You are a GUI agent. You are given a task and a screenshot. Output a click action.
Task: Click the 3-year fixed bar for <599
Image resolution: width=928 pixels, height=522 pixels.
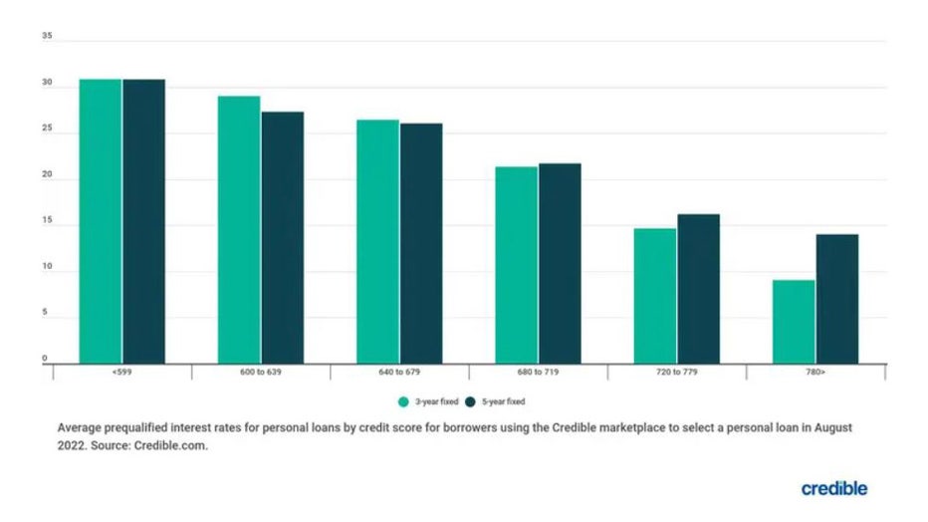[x=101, y=221]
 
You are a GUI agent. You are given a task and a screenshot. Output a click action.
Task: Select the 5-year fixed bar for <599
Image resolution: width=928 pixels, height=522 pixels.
[x=143, y=221]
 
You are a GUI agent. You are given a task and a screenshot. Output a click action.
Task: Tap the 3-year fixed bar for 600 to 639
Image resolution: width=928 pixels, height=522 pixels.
[x=239, y=230]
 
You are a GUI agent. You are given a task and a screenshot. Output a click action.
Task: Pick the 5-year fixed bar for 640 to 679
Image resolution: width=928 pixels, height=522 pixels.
[x=421, y=244]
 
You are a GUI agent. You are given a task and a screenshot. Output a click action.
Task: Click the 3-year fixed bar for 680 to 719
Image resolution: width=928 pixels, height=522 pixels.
[x=516, y=265]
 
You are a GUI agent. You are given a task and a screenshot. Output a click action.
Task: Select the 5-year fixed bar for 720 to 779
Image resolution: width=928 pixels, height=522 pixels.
[x=698, y=289]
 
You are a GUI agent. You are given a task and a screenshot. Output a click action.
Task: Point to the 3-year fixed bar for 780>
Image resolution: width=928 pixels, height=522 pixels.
[x=794, y=322]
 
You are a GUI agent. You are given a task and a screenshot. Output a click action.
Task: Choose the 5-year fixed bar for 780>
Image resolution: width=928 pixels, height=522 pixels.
[x=836, y=299]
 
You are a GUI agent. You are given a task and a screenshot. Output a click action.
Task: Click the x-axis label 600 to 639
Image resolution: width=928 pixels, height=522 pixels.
[x=261, y=373]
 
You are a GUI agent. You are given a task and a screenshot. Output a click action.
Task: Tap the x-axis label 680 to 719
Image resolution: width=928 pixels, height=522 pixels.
[x=538, y=373]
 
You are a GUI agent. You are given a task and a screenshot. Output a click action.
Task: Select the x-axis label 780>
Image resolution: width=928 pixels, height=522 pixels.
[x=815, y=373]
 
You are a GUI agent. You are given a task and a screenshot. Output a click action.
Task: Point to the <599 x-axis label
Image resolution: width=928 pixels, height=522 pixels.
[x=121, y=373]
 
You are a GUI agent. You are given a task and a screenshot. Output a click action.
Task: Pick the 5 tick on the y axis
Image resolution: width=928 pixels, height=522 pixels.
[x=45, y=314]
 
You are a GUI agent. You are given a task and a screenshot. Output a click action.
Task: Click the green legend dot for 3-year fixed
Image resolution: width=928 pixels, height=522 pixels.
[x=403, y=401]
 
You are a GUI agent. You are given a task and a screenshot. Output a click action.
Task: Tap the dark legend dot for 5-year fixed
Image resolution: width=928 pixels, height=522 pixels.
[x=470, y=401]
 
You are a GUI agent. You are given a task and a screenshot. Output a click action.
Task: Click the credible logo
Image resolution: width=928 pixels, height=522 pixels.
[x=833, y=488]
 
